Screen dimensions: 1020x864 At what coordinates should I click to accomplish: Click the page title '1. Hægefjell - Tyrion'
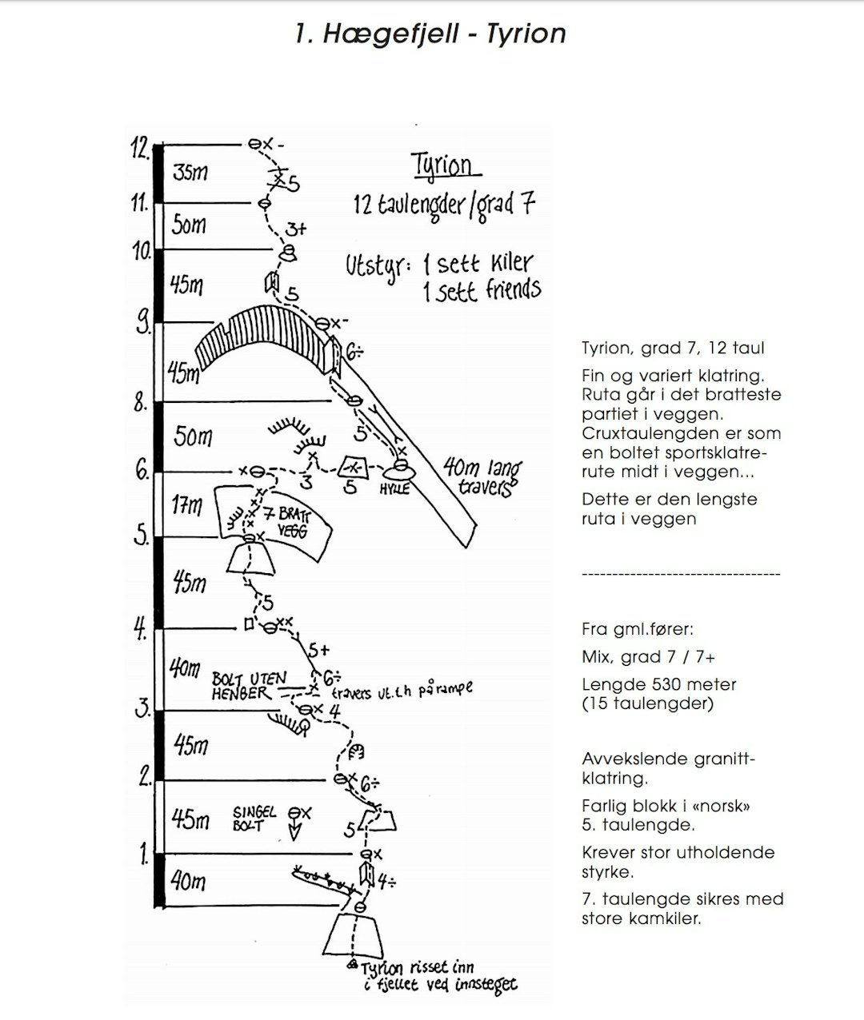[430, 34]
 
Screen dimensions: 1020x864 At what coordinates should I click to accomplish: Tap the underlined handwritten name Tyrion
[446, 165]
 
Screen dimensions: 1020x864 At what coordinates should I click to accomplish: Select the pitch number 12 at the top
[140, 148]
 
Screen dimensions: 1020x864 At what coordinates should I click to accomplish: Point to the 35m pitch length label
[190, 172]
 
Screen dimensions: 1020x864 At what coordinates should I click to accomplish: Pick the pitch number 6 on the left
[142, 471]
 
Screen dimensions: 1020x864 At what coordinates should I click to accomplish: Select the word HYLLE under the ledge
[394, 488]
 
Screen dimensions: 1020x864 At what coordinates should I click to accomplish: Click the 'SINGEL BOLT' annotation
[254, 818]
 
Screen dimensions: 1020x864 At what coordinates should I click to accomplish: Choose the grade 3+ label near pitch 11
[295, 229]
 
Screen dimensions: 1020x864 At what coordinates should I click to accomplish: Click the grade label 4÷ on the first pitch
[387, 882]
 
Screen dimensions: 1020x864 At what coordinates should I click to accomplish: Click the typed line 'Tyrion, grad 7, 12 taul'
[673, 349]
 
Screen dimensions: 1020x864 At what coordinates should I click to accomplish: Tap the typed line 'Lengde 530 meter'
[658, 685]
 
